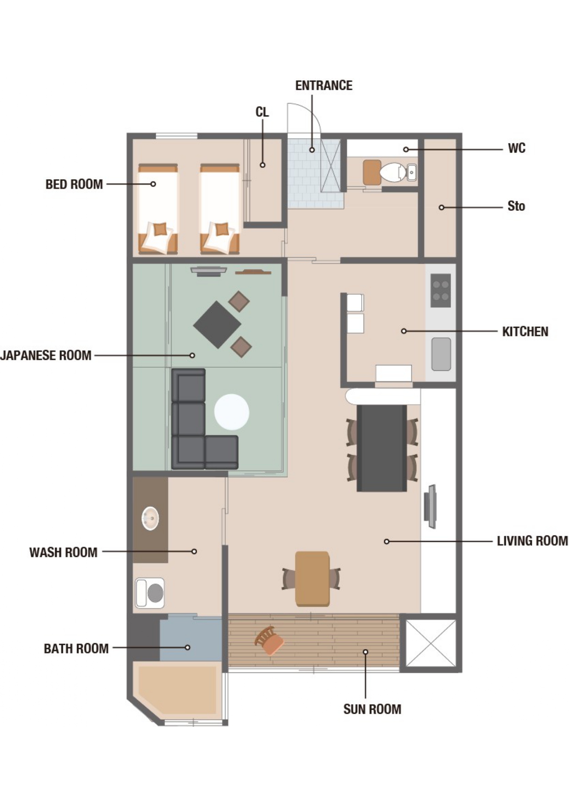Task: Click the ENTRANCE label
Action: [324, 86]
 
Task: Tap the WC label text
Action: [516, 148]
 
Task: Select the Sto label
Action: [516, 206]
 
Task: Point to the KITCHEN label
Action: [525, 331]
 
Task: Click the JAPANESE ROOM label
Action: [46, 355]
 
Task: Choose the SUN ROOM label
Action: [372, 709]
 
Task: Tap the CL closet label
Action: [262, 112]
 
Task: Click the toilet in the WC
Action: [393, 172]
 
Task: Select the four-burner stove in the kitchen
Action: [441, 291]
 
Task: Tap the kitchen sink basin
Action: [441, 354]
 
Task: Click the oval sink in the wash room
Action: [150, 518]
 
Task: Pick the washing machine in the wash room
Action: [150, 593]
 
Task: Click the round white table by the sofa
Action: [232, 412]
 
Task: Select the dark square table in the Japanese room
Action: [217, 325]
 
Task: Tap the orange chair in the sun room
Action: [269, 640]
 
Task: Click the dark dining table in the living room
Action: [382, 448]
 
